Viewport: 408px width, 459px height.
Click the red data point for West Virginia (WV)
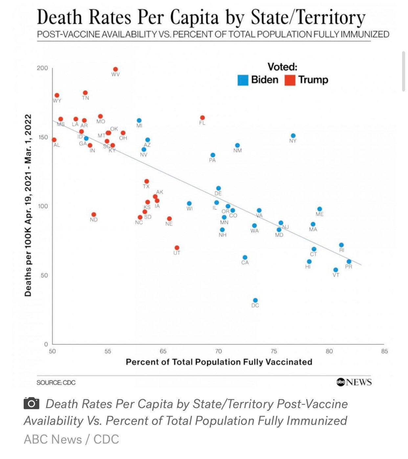[x=115, y=69]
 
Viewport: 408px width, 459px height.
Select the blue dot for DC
[x=255, y=300]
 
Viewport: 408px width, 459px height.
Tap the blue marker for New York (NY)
[x=293, y=136]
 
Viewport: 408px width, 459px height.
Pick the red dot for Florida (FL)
[x=202, y=118]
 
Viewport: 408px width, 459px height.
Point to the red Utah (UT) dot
[x=177, y=248]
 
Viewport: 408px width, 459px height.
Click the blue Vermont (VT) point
[x=336, y=270]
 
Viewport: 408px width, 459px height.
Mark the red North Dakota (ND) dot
[x=94, y=215]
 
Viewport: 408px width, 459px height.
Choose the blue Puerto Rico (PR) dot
[x=349, y=262]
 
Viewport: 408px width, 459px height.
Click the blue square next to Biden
[x=243, y=80]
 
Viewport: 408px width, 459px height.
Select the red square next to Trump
[x=290, y=80]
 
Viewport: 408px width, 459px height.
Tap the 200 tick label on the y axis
[x=42, y=68]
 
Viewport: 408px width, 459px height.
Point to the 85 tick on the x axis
[x=384, y=351]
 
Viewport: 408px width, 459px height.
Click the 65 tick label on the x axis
[x=163, y=351]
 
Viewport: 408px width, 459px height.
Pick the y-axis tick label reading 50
[x=44, y=275]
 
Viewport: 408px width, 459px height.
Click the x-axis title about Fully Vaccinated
[x=219, y=362]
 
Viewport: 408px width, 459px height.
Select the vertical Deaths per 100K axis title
[x=28, y=205]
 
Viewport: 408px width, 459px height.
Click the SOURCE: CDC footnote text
[x=56, y=382]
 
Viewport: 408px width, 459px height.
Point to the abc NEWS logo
[x=354, y=382]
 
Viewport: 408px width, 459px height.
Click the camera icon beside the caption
[x=32, y=403]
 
